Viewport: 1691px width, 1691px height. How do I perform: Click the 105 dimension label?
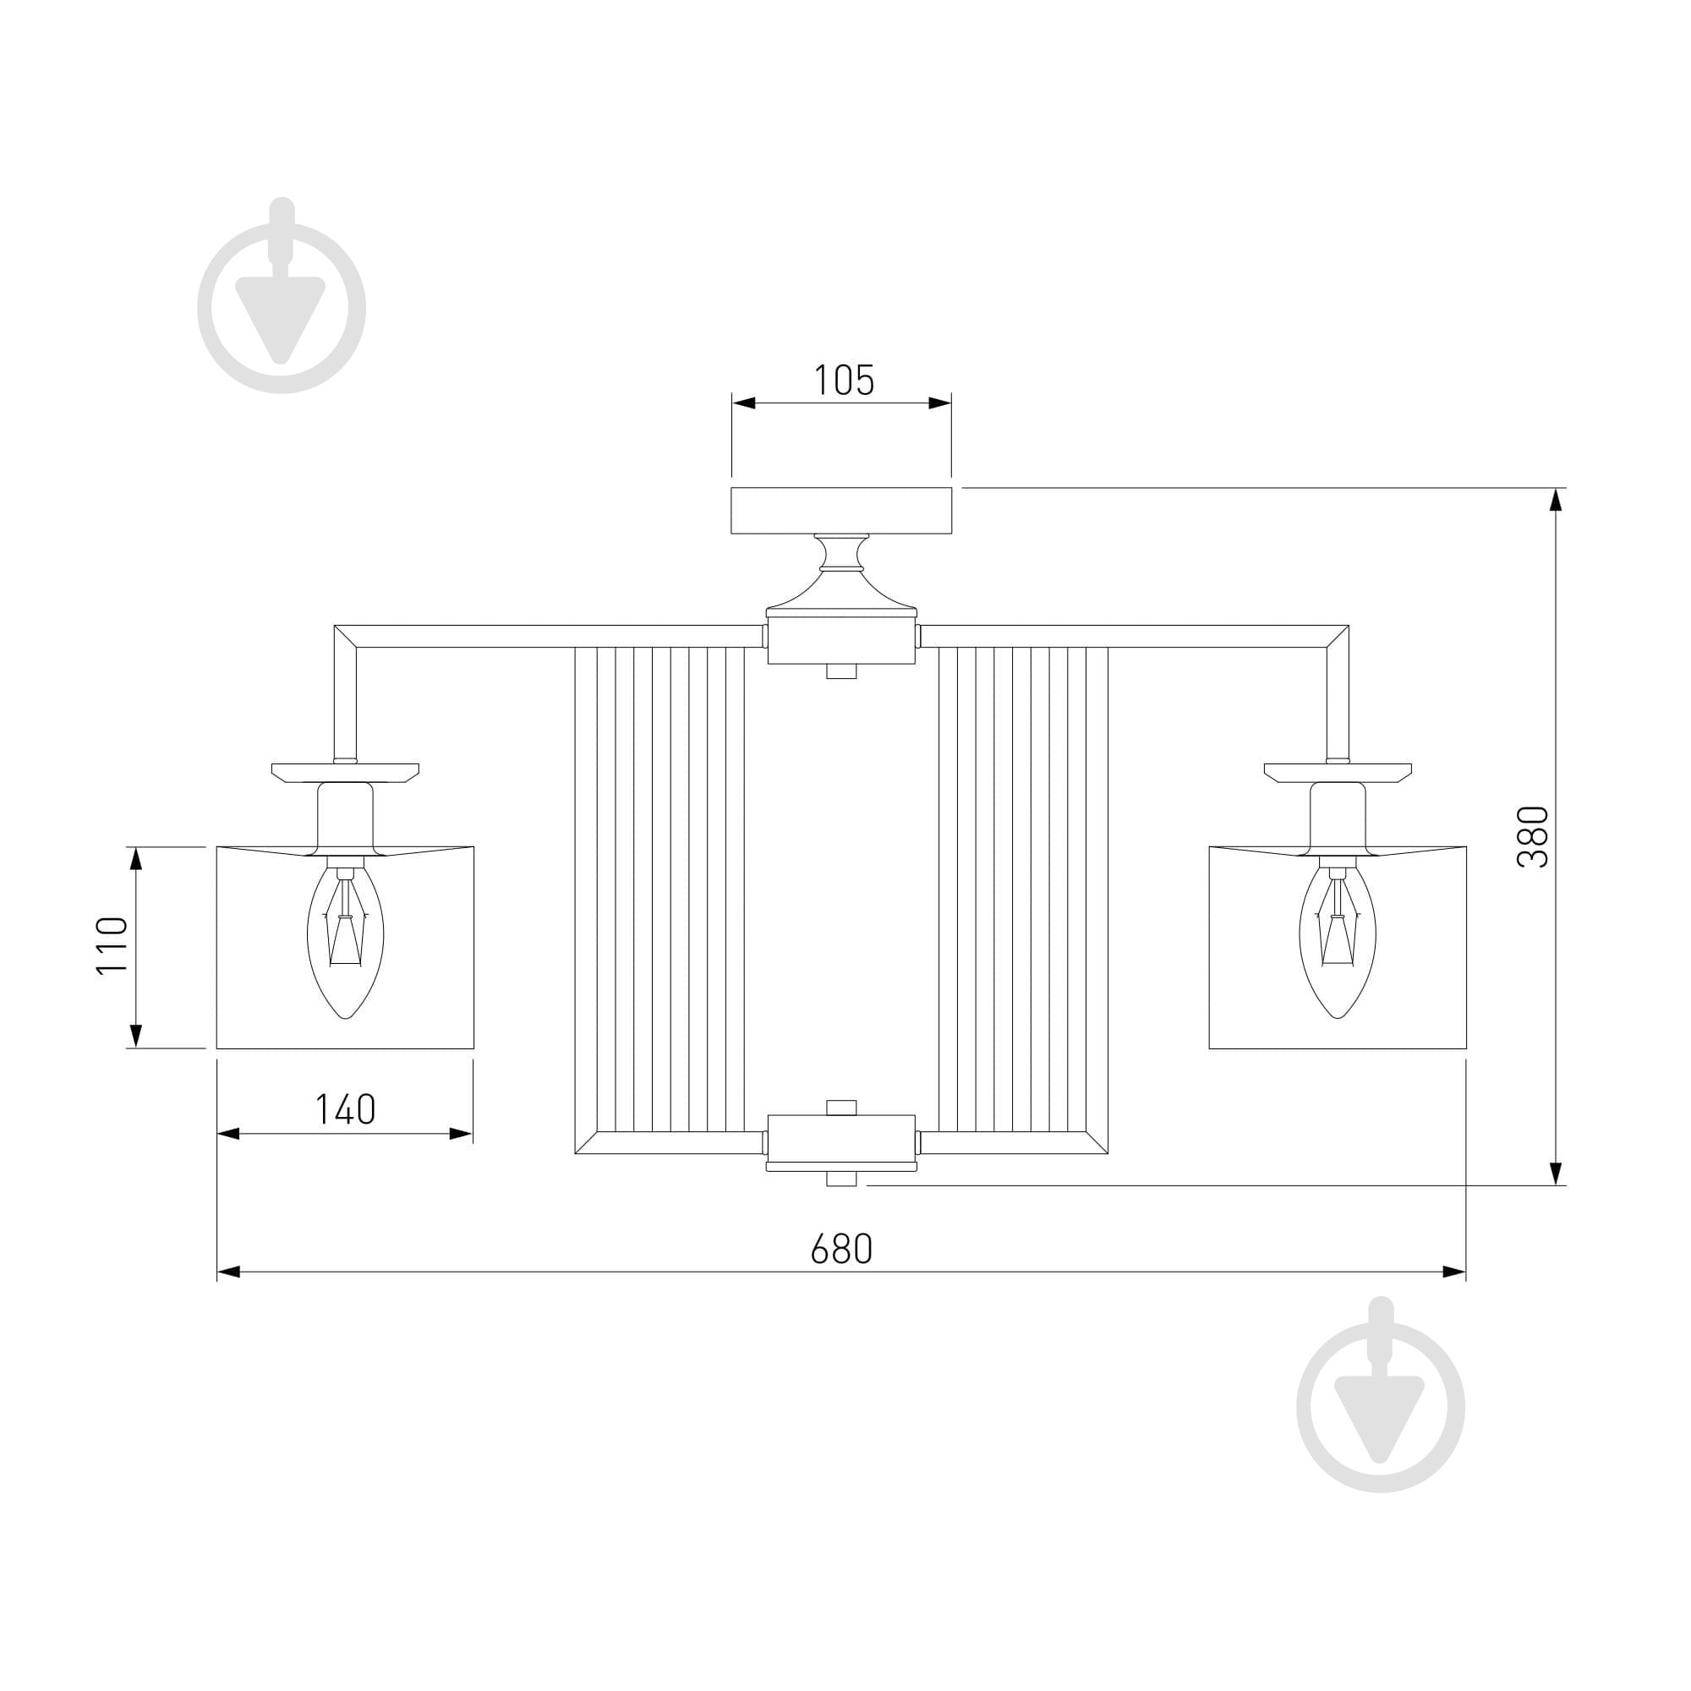click(844, 380)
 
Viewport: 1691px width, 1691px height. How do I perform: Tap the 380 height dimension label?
click(1533, 837)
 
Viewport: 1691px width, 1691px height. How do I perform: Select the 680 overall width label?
click(841, 1249)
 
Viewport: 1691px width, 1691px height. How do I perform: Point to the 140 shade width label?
click(345, 1110)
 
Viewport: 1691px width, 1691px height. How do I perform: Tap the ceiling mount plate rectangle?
click(841, 511)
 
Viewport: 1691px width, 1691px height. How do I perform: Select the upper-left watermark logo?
click(281, 296)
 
